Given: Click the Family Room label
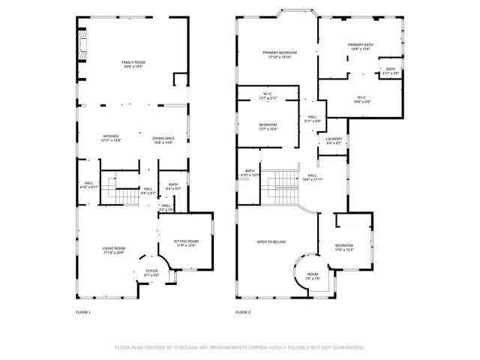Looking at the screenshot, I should point(133,64).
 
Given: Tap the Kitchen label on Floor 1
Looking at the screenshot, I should point(111,137).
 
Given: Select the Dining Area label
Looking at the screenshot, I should point(163,139).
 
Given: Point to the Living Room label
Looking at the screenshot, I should point(114,250).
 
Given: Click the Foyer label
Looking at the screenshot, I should point(151,272).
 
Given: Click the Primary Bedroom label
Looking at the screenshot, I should point(280,54).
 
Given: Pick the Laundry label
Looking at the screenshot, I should point(334,139).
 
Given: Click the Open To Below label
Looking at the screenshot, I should point(271,241).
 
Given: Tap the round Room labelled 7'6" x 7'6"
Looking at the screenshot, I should point(313,276).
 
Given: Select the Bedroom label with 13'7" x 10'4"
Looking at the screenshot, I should point(268,126).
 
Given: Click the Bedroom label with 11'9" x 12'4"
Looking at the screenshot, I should point(344,247).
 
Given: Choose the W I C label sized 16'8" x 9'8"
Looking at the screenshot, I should point(361,98).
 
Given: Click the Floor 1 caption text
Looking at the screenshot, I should point(83,311).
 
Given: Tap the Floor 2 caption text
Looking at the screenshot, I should point(242,311).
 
